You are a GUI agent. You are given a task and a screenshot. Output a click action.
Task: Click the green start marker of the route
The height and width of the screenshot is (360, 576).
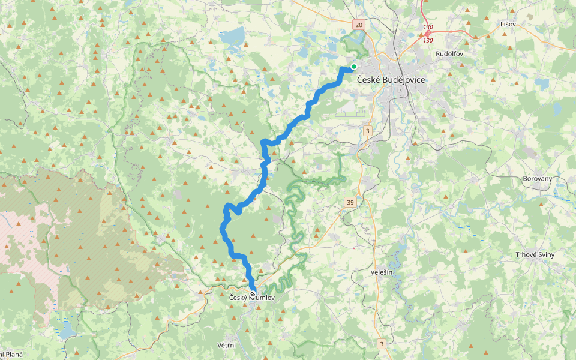click(x=354, y=67)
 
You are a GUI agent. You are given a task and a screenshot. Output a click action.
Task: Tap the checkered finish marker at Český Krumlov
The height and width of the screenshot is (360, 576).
click(x=253, y=294)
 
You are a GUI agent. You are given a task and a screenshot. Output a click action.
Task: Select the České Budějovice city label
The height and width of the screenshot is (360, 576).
click(x=391, y=80)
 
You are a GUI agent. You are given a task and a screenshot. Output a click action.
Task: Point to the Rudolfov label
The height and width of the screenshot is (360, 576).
click(x=449, y=53)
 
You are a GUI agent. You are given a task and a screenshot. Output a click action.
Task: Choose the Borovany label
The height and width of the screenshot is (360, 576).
click(x=537, y=179)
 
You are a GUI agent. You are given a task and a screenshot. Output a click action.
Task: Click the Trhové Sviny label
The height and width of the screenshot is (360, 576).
click(x=535, y=254)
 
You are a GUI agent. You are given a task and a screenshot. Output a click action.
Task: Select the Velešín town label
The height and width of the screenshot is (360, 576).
click(x=382, y=272)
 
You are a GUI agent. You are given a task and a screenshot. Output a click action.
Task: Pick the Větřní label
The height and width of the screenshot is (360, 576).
click(x=226, y=346)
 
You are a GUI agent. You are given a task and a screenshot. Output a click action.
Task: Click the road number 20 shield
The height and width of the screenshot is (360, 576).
click(x=359, y=25)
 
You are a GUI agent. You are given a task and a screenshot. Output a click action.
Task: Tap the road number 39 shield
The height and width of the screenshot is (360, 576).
click(x=350, y=203)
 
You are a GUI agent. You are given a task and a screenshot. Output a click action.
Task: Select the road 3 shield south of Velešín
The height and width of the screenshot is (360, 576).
click(x=381, y=343)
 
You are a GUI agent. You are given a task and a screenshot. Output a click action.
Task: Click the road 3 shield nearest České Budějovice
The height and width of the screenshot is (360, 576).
click(x=367, y=130)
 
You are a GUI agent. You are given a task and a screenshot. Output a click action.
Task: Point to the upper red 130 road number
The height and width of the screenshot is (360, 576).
click(x=428, y=28)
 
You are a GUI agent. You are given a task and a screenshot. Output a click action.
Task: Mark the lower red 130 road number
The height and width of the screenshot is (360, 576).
click(x=428, y=40)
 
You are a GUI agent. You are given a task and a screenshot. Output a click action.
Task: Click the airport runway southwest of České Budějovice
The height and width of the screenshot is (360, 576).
click(x=351, y=111)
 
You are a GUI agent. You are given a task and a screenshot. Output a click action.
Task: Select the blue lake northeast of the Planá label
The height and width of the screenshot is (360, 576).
click(x=66, y=331)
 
